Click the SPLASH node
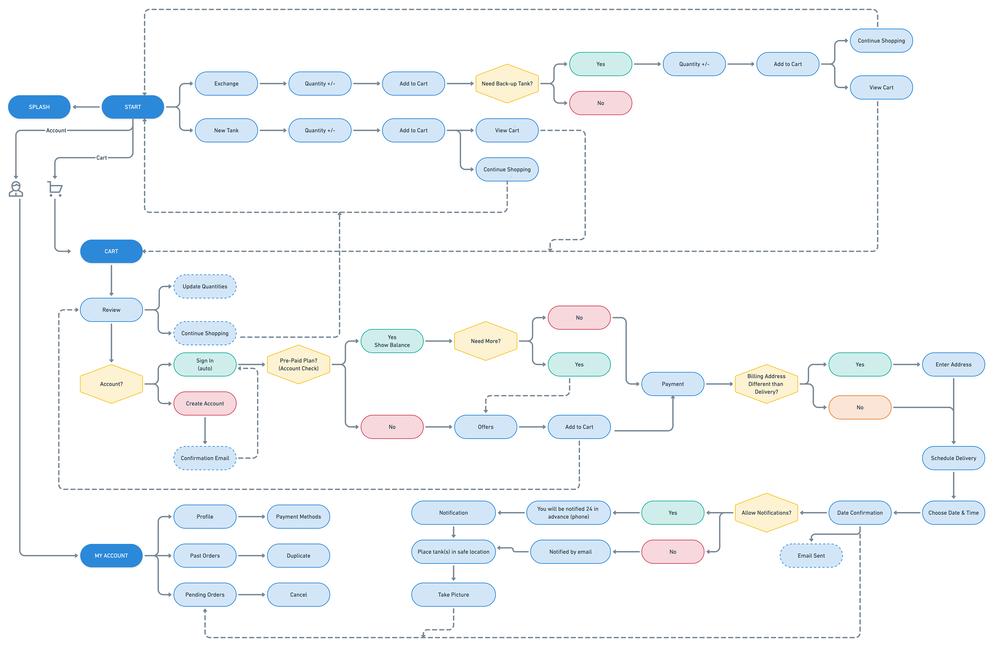(39, 107)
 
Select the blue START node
(133, 107)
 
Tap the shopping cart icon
(55, 189)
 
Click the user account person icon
(16, 189)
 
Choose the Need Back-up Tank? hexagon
(507, 84)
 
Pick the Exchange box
(227, 84)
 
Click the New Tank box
(227, 130)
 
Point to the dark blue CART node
(111, 251)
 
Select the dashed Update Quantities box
(205, 286)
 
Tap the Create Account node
(205, 403)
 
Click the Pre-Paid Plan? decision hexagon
(299, 365)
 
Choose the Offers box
(486, 427)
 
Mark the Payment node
(673, 384)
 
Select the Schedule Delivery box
(953, 458)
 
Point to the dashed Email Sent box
(811, 556)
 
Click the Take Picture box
(454, 594)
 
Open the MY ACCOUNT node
(111, 556)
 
